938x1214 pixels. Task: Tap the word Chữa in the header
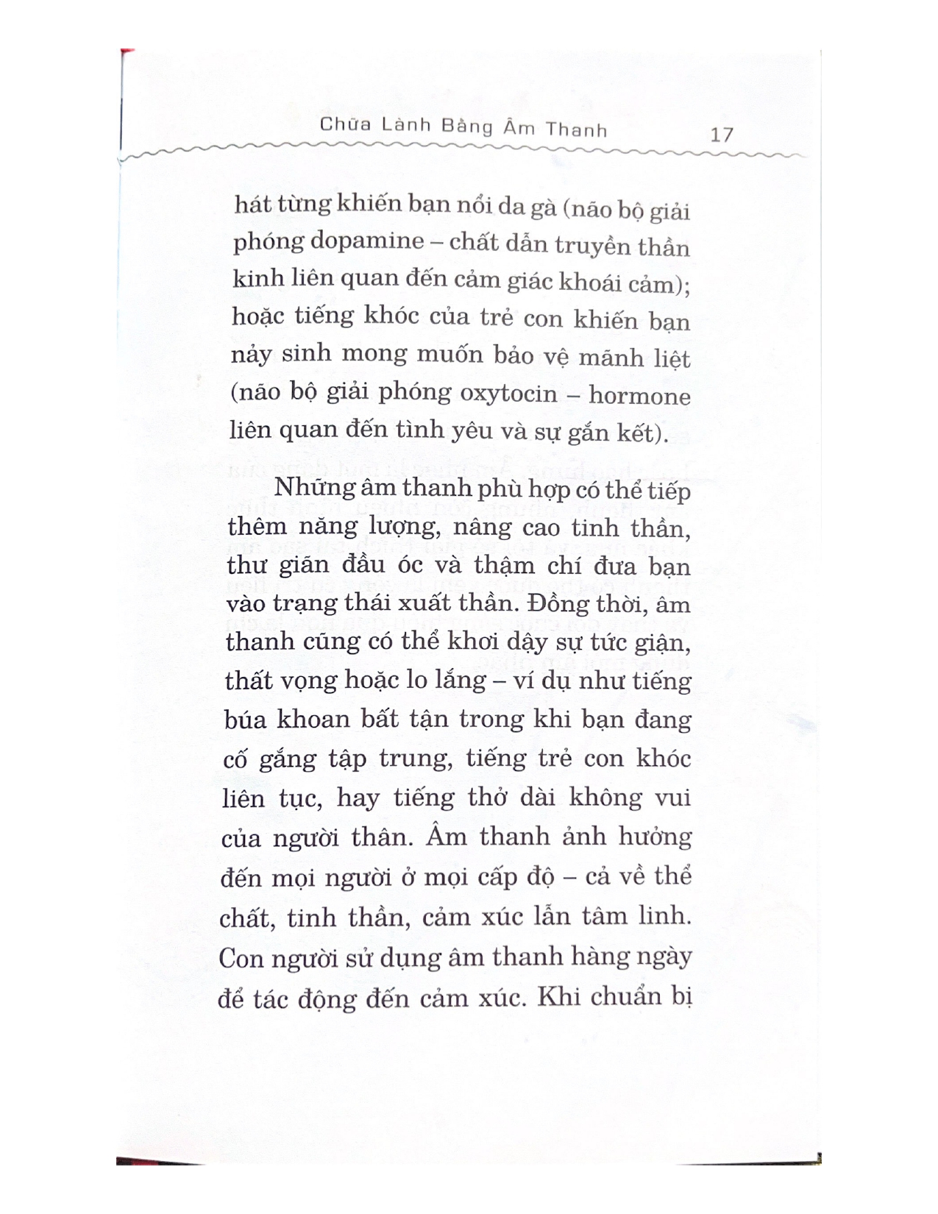[x=341, y=126]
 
